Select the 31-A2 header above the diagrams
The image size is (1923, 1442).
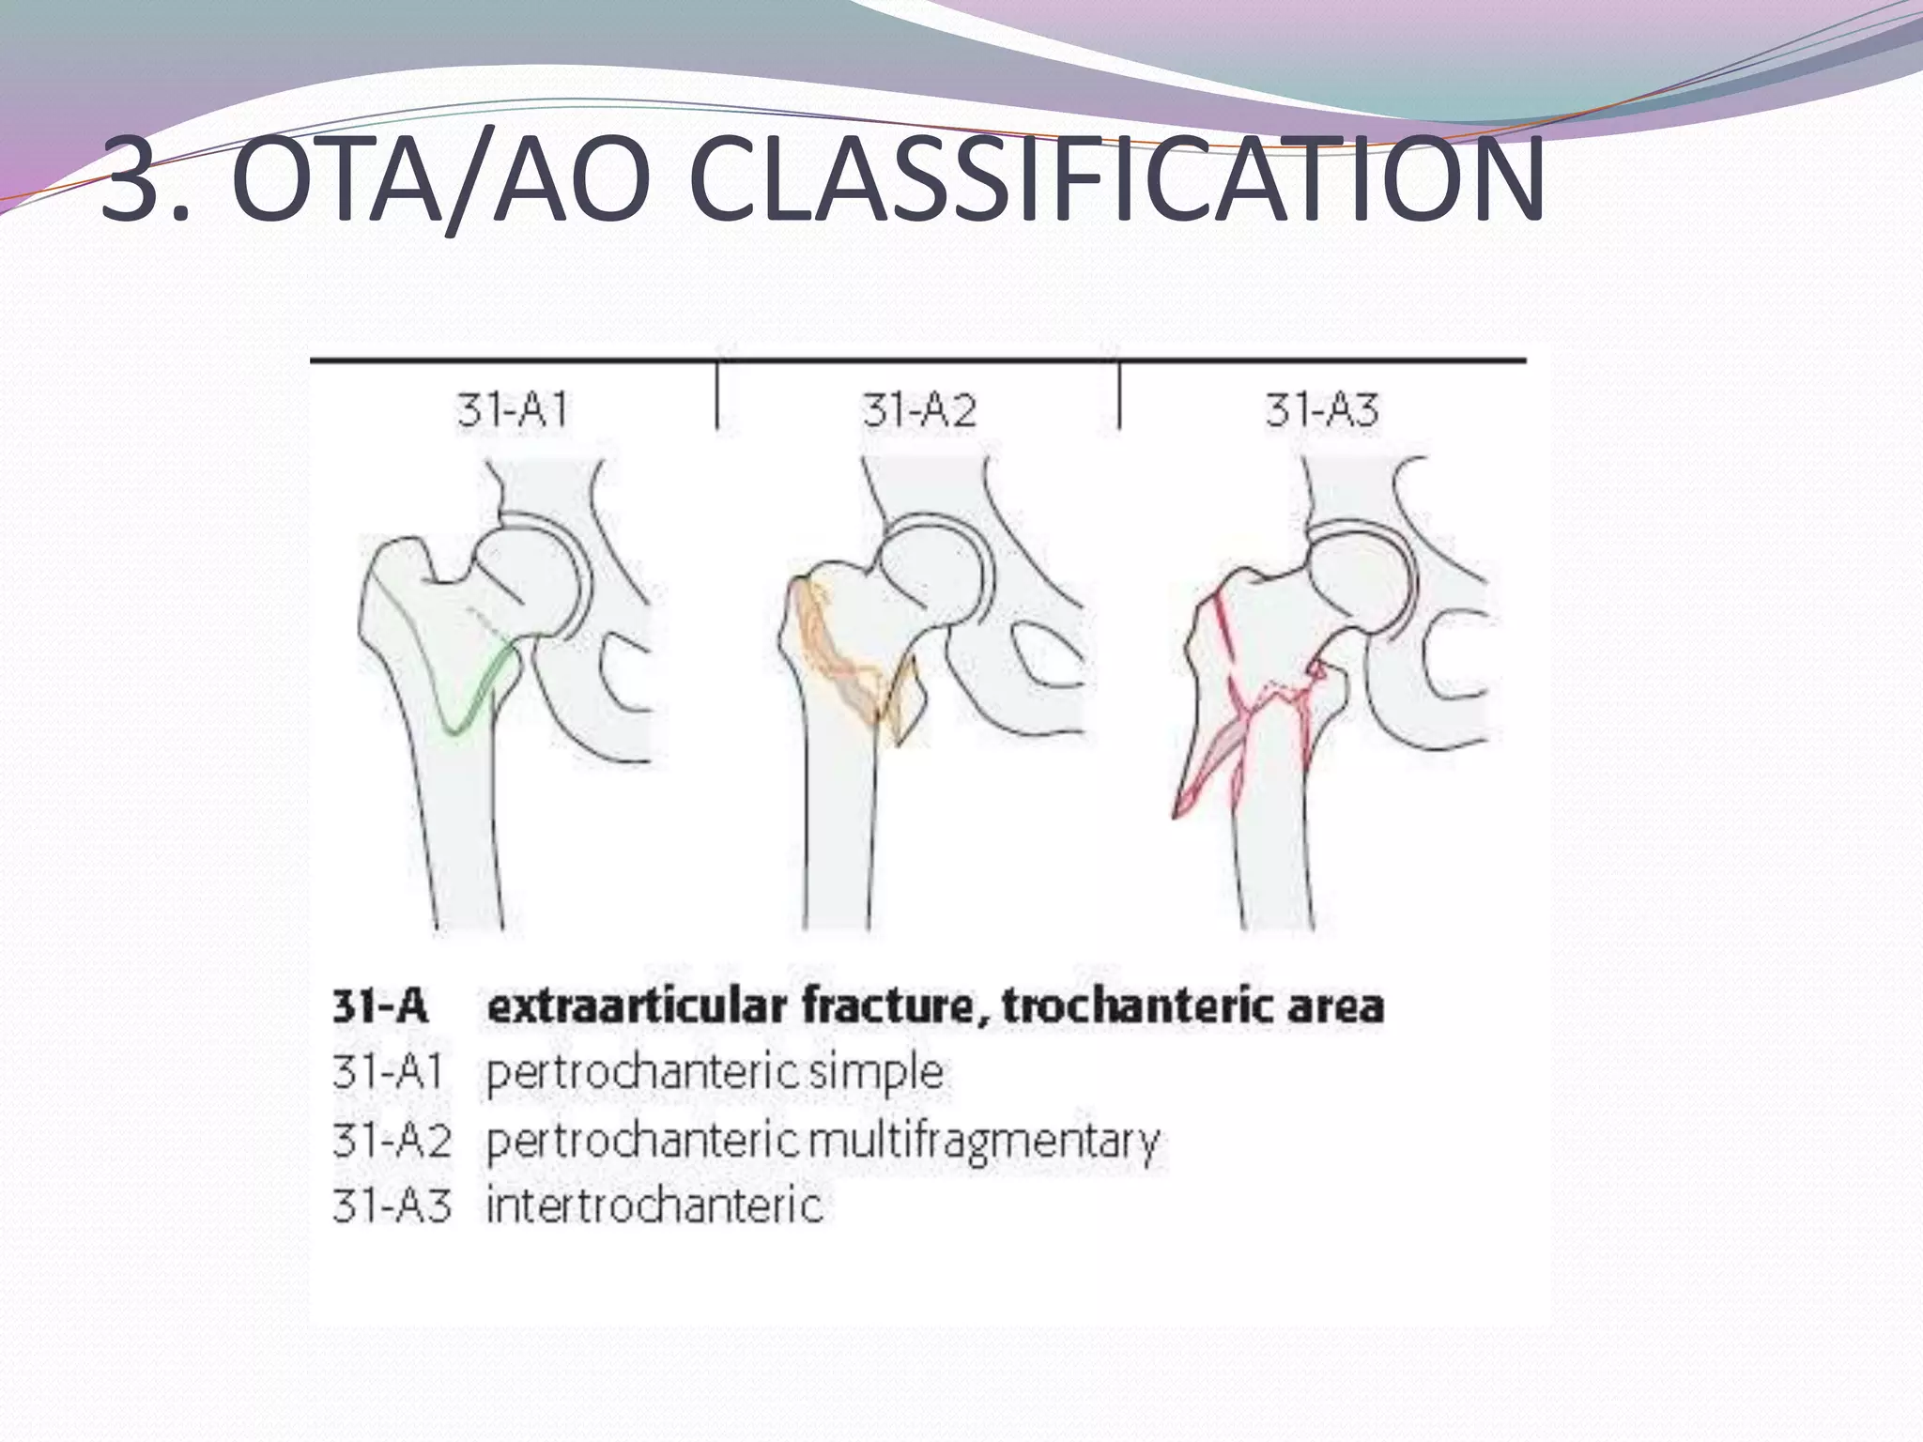pos(919,411)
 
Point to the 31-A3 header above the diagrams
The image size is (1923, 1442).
pos(1322,411)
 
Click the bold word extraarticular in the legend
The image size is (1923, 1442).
pos(637,1007)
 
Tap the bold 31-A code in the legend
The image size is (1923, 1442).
pos(380,1007)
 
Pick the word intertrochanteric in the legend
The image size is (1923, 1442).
pos(654,1205)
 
